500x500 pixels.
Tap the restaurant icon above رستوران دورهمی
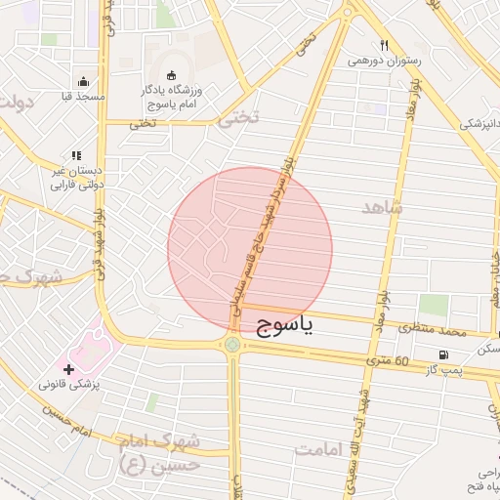[385, 45]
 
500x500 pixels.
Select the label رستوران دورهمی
[385, 61]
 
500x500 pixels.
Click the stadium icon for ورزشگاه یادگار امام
[172, 76]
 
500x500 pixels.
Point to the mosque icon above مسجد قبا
[84, 82]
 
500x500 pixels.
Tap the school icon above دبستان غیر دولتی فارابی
[76, 154]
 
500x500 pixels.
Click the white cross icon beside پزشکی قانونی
[67, 369]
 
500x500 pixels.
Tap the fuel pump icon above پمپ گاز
[444, 354]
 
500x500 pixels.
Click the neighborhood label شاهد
[382, 208]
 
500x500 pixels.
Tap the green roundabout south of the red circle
[232, 344]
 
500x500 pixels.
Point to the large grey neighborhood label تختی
[240, 118]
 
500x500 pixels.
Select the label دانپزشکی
[478, 124]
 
